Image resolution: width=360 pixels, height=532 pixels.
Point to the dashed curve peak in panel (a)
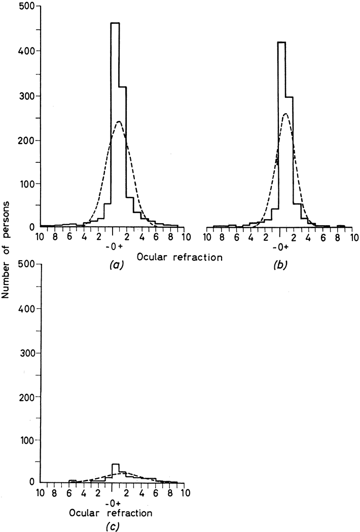pos(119,122)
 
